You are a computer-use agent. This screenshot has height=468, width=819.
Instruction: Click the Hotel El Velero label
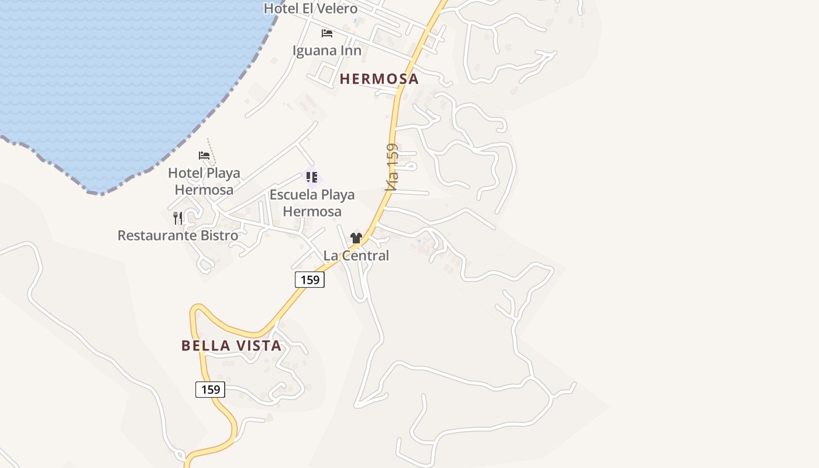[310, 8]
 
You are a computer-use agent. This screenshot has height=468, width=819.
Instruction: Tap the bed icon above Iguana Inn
[327, 33]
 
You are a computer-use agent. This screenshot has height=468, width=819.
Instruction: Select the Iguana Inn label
[327, 50]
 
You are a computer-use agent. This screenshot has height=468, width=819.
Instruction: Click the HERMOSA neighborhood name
[379, 79]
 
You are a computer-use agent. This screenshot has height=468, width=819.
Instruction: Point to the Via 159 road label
[392, 167]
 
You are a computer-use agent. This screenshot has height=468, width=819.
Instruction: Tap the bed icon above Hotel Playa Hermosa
[204, 156]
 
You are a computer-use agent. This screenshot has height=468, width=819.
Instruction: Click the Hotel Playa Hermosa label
[204, 181]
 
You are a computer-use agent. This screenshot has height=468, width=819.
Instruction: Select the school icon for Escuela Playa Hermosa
[312, 177]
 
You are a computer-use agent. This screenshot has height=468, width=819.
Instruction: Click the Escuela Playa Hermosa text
[312, 202]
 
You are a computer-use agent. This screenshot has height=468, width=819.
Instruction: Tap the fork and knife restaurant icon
[178, 218]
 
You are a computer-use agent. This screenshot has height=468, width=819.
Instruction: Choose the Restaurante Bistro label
[178, 235]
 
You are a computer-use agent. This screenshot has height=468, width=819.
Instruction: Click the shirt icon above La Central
[356, 238]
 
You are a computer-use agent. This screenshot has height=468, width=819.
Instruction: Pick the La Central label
[356, 256]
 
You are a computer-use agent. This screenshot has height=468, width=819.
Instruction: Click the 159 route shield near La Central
[309, 280]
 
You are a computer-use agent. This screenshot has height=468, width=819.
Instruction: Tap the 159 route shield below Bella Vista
[210, 389]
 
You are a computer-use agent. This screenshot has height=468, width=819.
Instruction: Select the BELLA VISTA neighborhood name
[232, 346]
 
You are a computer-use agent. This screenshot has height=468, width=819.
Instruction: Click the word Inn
[350, 50]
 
